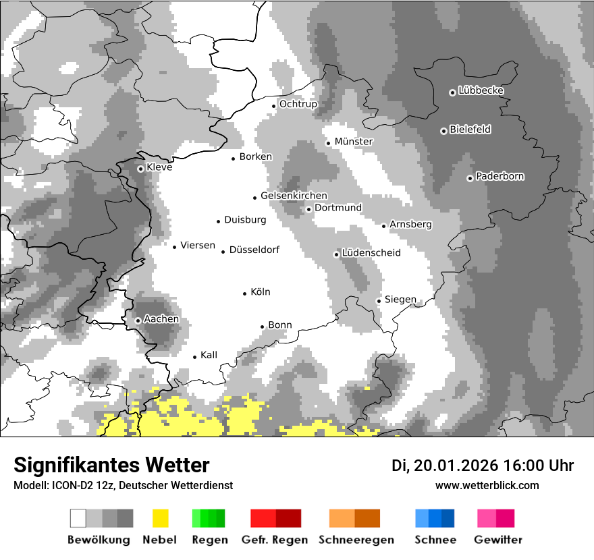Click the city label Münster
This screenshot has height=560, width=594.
tap(354, 142)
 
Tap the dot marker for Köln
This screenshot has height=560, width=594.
tap(245, 293)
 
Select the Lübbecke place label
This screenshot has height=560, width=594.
tap(481, 90)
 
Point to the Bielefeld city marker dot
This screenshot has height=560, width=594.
tap(443, 131)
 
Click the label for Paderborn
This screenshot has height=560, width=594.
tap(500, 176)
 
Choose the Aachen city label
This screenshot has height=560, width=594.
tap(162, 318)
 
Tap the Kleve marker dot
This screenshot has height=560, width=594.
tap(140, 169)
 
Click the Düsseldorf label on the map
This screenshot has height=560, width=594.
tap(254, 250)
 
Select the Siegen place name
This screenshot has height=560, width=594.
tap(400, 299)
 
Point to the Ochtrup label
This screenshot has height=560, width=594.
tap(298, 104)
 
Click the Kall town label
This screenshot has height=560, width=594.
tap(209, 355)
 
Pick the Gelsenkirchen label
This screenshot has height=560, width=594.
tap(294, 196)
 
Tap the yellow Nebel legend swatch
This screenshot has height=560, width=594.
tap(160, 518)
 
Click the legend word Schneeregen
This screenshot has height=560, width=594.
tap(356, 540)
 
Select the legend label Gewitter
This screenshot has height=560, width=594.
tap(497, 540)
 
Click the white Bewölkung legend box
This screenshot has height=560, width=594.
tap(78, 518)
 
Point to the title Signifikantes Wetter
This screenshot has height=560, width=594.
tap(111, 465)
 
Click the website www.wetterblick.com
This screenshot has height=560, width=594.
tap(487, 485)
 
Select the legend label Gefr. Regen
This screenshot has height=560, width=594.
tap(275, 540)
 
